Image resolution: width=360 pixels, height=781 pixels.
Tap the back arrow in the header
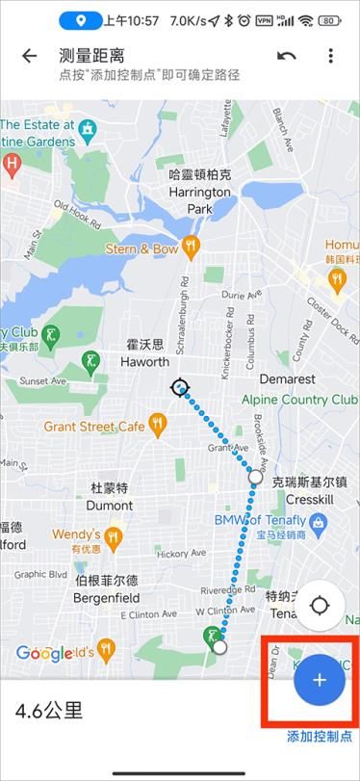(29, 56)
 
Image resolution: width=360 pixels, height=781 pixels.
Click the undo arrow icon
(286, 56)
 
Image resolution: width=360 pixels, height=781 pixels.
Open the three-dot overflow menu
(330, 56)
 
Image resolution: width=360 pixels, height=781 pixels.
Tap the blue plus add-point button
(320, 679)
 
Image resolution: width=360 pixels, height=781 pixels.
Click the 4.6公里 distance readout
(48, 712)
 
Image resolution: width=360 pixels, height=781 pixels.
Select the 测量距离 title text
(91, 56)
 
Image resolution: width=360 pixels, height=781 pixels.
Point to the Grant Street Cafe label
(93, 426)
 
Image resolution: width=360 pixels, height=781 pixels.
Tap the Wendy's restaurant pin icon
(114, 535)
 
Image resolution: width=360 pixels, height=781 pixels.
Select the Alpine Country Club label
(299, 400)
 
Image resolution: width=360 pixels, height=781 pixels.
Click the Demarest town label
(287, 379)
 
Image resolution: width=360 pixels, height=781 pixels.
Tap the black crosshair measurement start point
(179, 388)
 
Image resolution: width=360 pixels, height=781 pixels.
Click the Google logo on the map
(44, 654)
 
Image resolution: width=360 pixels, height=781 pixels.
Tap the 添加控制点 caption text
(320, 737)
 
